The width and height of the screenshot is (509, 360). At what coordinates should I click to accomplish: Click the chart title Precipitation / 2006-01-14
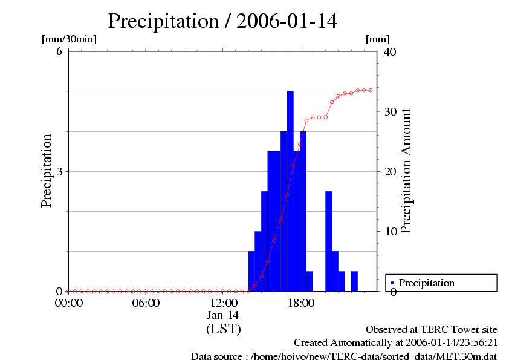(222, 21)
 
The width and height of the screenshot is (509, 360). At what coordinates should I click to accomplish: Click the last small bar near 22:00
(354, 281)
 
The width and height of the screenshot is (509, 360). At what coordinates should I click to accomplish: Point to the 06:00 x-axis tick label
(146, 303)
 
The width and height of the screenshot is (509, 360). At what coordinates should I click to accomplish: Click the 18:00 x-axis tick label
(300, 303)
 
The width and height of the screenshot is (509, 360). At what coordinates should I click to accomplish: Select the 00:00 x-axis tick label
(68, 303)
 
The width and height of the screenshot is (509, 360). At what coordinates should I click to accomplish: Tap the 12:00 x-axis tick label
(223, 303)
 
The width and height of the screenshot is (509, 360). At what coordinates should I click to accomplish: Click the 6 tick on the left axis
(60, 51)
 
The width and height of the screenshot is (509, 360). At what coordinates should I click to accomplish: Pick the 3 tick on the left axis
(60, 171)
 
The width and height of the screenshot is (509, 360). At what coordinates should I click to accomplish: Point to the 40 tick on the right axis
(391, 51)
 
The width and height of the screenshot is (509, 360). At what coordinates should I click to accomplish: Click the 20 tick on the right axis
(391, 171)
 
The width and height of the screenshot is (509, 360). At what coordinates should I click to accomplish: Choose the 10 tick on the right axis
(391, 231)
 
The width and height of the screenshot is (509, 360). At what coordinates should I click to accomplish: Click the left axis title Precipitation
(47, 171)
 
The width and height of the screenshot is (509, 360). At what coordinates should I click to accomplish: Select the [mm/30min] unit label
(69, 39)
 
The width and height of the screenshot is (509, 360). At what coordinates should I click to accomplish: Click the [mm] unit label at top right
(378, 39)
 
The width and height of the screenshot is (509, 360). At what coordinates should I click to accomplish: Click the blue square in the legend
(392, 283)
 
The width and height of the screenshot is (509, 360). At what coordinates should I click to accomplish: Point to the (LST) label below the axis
(223, 330)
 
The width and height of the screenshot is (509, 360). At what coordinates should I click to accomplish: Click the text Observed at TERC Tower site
(432, 330)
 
